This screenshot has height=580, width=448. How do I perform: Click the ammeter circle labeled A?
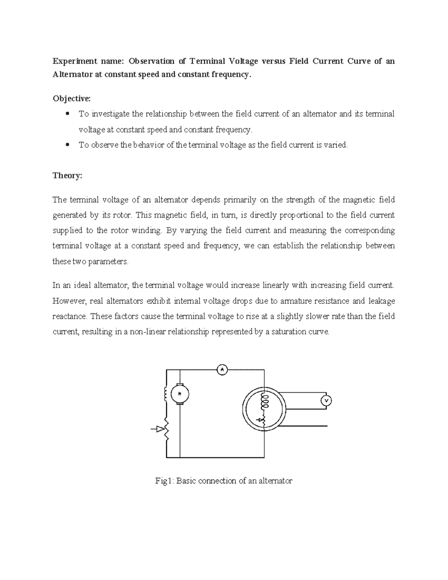tap(222, 370)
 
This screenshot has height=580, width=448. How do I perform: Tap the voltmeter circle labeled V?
tap(326, 401)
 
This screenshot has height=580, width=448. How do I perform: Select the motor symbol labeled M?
tap(180, 394)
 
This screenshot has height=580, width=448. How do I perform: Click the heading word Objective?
tap(71, 99)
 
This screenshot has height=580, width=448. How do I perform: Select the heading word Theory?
tap(67, 176)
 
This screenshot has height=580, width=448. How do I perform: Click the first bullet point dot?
tap(67, 114)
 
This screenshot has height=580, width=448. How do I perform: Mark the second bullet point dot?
tap(67, 145)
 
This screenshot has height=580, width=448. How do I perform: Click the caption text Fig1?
tap(164, 481)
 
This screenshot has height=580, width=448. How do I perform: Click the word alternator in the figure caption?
tap(276, 481)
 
